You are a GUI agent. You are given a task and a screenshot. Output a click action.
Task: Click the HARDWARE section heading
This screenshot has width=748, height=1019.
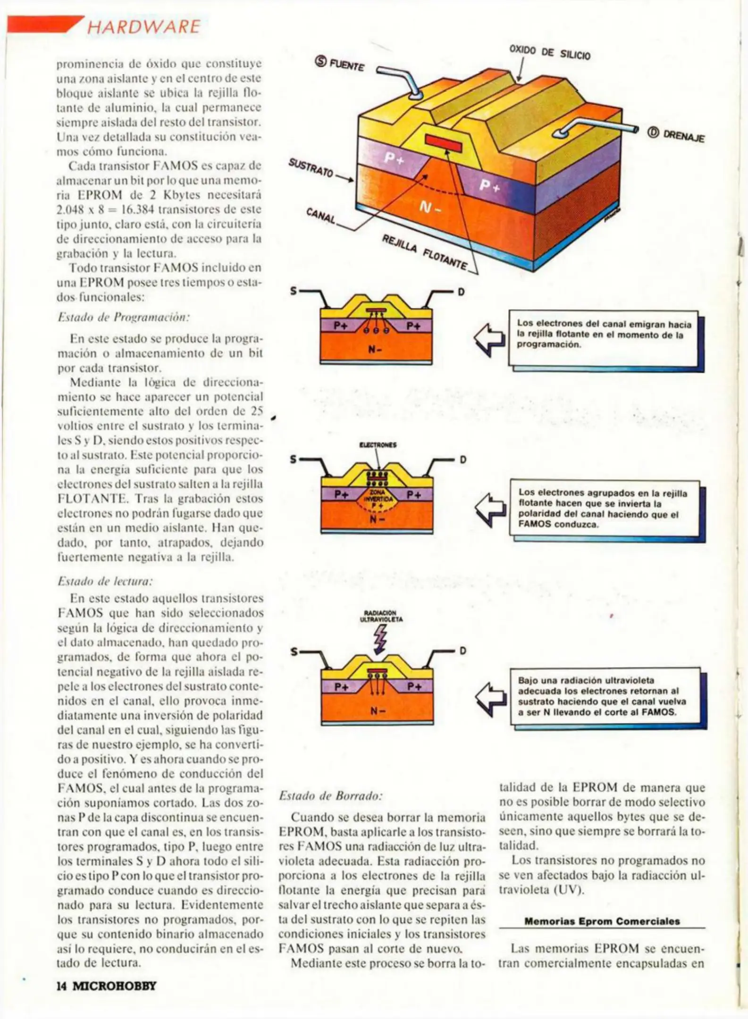(x=143, y=26)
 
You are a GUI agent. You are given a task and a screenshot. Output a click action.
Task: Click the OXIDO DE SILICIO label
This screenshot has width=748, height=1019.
(x=550, y=52)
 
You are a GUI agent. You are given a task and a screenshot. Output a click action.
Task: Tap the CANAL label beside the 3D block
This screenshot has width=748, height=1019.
(x=321, y=216)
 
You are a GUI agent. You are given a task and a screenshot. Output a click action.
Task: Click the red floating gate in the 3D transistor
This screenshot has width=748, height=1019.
(x=443, y=142)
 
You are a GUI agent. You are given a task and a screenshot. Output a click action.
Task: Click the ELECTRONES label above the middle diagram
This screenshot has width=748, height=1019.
(x=378, y=444)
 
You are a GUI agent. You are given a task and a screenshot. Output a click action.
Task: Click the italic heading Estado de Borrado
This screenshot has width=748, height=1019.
(x=330, y=796)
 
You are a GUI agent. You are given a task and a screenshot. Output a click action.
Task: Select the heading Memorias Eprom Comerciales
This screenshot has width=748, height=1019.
(x=602, y=921)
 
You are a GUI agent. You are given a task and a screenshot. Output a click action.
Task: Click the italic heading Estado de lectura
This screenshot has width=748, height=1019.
(x=105, y=581)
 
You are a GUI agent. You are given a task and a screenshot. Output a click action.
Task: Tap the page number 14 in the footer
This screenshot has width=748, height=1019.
(x=62, y=986)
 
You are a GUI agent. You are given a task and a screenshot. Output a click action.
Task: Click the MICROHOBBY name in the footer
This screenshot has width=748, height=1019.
(x=114, y=986)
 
